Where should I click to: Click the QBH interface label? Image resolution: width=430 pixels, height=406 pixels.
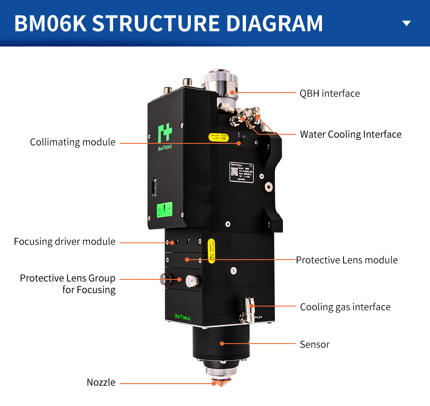[329, 93]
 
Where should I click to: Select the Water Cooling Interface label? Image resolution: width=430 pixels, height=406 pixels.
[350, 134]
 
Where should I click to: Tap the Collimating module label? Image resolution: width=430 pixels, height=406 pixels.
[73, 142]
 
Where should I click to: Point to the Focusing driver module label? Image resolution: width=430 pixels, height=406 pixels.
[64, 242]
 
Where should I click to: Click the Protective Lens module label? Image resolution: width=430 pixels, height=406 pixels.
[347, 260]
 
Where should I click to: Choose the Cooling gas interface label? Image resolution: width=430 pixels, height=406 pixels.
[345, 307]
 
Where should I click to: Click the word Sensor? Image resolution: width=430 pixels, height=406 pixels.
[314, 344]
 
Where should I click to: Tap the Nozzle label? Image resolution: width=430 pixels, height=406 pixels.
[101, 382]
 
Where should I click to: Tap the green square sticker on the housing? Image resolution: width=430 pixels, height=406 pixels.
[164, 210]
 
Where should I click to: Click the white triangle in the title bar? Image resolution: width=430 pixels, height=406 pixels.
[406, 23]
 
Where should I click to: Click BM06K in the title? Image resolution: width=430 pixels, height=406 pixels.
[49, 23]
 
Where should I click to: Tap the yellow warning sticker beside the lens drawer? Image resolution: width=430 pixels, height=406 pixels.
[211, 250]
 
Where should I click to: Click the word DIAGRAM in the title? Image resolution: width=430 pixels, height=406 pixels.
[275, 23]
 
